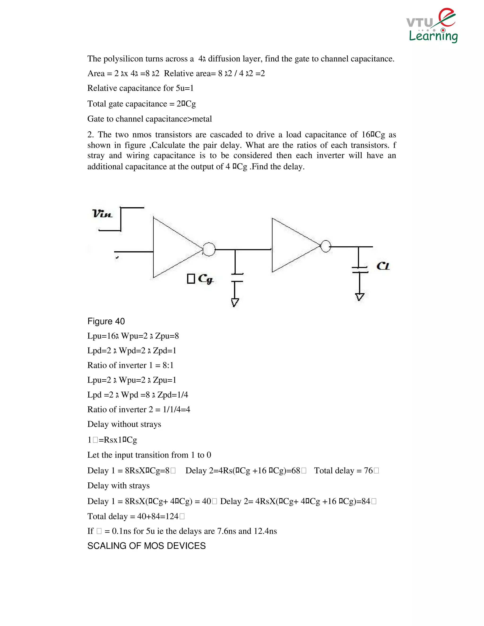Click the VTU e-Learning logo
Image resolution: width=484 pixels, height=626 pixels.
click(432, 26)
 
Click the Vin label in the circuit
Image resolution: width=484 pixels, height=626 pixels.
click(102, 214)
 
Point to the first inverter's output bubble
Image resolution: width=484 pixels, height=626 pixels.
click(209, 249)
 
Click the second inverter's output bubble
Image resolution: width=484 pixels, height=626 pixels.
click(326, 246)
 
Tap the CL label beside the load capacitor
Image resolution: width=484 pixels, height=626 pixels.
click(383, 266)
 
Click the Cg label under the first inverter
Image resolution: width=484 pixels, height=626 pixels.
click(206, 279)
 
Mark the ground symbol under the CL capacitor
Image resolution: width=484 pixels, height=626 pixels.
click(359, 297)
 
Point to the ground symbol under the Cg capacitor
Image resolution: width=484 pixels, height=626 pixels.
click(235, 303)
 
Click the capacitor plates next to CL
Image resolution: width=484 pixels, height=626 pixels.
click(359, 270)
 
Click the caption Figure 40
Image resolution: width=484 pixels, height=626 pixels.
click(106, 321)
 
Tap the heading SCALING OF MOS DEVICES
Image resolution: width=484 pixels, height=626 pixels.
click(147, 546)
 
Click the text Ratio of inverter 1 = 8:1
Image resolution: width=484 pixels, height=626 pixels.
click(130, 365)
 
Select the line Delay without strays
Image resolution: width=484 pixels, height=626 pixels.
click(124, 424)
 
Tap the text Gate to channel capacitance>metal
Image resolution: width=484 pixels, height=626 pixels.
click(150, 119)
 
